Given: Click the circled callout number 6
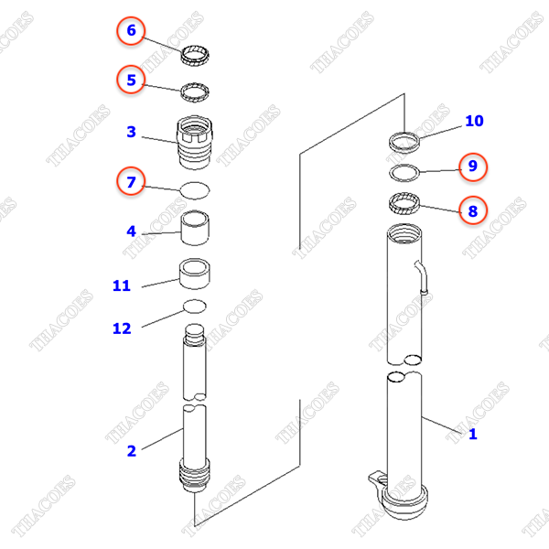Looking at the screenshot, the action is pos(131,32).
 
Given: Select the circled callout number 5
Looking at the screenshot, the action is pos(131,81).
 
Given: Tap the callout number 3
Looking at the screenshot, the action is pos(131,133).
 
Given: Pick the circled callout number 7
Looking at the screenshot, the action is pos(131,182).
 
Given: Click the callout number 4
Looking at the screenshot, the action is pos(131,231).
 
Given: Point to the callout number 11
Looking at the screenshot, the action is pos(122,286).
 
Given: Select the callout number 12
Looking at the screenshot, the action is pos(122,328).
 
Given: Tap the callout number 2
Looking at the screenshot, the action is pos(131,450).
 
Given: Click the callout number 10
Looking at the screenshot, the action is pos(473,121).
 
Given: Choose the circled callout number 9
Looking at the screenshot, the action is pos(473,167).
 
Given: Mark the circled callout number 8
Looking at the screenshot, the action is pos(473,211).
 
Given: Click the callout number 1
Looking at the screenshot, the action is pos(473,434).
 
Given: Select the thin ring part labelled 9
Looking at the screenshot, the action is pos(404,172).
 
